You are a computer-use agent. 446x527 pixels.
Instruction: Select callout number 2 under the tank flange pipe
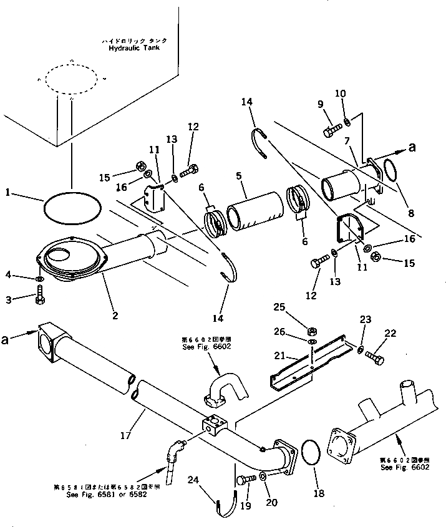point(115,316)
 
